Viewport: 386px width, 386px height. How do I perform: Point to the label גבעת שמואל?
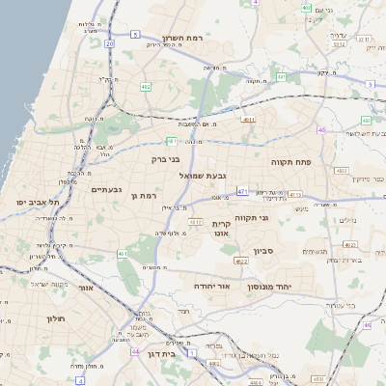tap(203, 177)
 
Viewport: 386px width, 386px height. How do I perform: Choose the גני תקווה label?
tap(278, 218)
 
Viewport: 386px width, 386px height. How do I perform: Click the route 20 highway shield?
tap(110, 43)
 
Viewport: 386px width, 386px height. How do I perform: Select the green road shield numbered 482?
tap(146, 87)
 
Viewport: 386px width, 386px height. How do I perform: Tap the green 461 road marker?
tap(123, 253)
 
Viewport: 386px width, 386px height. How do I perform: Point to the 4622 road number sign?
tap(242, 261)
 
